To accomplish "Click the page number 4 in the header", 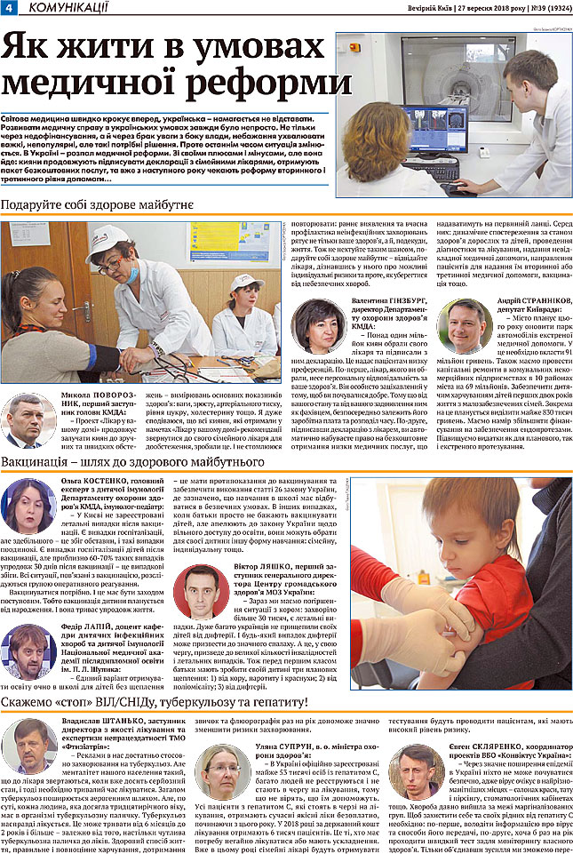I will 7,7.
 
